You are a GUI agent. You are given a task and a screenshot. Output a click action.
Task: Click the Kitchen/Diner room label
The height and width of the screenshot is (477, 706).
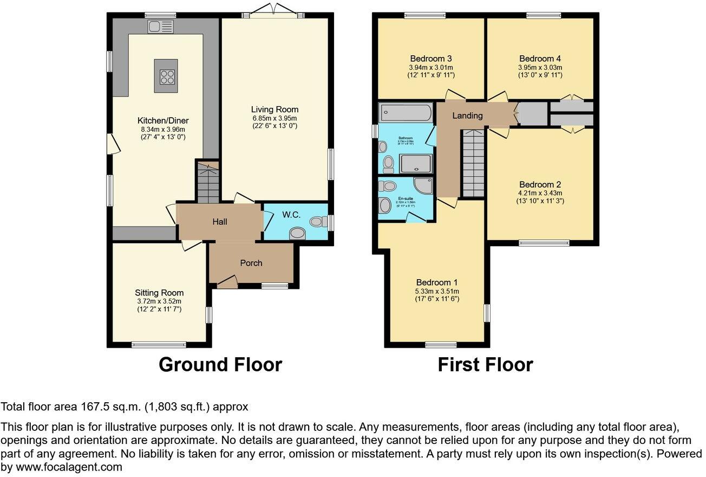[163, 120]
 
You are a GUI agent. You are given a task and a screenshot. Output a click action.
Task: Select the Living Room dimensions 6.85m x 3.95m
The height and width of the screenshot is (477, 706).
[274, 118]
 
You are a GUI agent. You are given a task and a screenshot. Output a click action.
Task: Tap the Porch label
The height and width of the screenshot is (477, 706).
[251, 263]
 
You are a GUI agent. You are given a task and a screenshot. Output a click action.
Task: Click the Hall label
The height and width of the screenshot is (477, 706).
[220, 222]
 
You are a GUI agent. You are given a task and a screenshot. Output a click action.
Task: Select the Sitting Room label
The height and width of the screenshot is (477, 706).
[159, 293]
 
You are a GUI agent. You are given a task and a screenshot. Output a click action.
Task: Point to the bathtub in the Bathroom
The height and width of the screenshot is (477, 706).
[406, 113]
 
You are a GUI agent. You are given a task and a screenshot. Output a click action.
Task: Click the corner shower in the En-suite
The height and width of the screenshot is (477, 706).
[422, 185]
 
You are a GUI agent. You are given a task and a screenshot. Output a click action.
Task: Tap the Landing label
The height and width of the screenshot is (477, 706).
[467, 115]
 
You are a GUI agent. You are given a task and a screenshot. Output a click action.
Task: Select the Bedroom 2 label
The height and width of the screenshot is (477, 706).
[536, 184]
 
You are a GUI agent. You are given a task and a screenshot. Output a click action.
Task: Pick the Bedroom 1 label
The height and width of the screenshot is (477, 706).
[437, 282]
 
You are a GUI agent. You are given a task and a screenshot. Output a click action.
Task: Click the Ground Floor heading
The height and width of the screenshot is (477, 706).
[220, 365]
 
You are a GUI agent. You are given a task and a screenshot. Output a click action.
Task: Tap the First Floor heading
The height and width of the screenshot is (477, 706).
[485, 365]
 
